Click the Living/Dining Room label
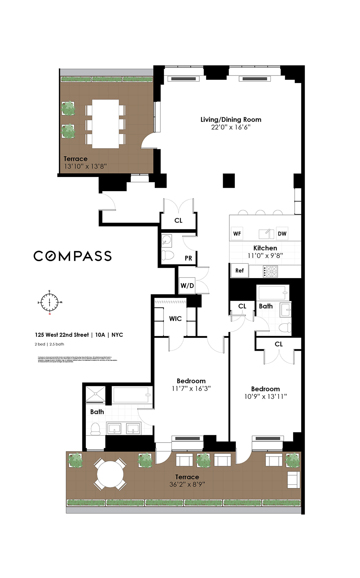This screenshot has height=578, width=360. (231, 120)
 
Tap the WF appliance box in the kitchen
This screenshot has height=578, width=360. (237, 234)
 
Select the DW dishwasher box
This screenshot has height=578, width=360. (282, 234)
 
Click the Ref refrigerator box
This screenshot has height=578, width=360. (239, 271)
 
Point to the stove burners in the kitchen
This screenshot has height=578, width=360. (270, 271)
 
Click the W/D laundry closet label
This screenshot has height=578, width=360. (187, 286)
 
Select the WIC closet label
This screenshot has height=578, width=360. (175, 319)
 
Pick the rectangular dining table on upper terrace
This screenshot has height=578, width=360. (105, 124)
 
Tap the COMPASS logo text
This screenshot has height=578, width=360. (73, 256)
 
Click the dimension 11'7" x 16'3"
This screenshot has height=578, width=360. (191, 389)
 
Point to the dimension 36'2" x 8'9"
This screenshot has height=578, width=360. (187, 484)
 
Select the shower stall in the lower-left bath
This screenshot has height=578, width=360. (95, 394)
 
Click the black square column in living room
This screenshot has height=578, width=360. (229, 181)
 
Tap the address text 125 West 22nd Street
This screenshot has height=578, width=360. (62, 335)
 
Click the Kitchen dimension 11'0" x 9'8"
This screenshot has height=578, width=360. (265, 255)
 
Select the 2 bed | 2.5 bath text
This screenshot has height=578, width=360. (49, 344)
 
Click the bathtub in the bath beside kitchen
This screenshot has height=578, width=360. (273, 293)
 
